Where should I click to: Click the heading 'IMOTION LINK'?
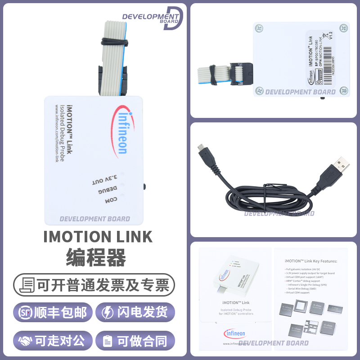98,237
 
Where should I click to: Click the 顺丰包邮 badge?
53,312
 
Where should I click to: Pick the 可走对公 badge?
53,341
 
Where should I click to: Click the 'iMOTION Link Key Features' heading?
310,261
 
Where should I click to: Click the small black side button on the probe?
144,186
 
